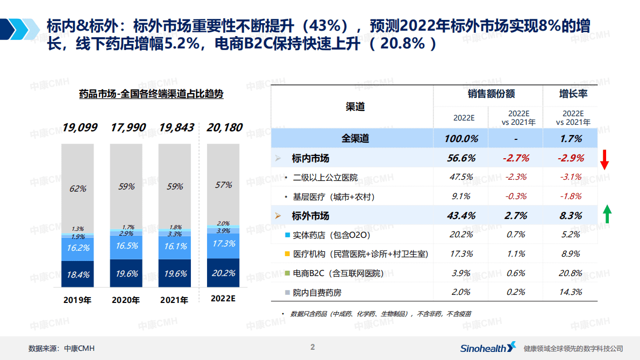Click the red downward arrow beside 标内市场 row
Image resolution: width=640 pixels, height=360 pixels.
point(605,160)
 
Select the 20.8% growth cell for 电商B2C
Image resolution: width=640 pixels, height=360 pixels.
point(571,273)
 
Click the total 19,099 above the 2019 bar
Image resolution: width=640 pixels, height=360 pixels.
point(80,128)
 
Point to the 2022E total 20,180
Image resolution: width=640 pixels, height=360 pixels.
point(224,128)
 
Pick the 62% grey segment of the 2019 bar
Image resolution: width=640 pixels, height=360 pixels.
point(77,188)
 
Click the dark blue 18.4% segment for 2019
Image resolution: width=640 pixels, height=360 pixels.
point(77,274)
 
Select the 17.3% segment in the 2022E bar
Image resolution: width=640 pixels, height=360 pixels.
point(224,244)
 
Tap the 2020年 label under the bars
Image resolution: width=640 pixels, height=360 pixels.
point(126,300)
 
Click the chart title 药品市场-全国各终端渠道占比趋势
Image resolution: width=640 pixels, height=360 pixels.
point(151,94)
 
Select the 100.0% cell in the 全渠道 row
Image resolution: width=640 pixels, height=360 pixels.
point(461,139)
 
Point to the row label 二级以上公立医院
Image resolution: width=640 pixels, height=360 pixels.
point(324,177)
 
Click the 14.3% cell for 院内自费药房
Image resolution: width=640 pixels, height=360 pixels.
point(571,292)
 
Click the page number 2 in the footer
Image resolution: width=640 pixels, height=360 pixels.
point(312,347)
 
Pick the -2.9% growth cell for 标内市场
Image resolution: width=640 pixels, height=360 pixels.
point(571,158)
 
